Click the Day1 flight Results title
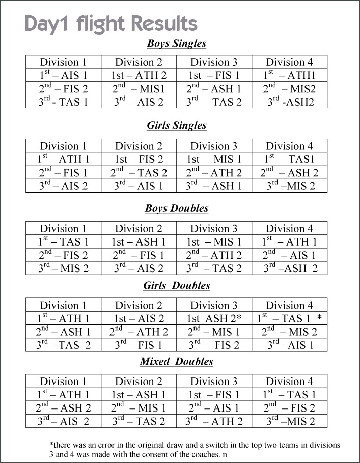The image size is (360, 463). click(110, 24)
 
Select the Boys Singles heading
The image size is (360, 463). click(176, 43)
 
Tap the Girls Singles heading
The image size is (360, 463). click(176, 125)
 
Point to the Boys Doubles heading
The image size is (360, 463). click(176, 208)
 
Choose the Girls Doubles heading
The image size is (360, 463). click(176, 286)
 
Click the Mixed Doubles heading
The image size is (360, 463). click(176, 362)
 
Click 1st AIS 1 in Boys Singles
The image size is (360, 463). click(64, 75)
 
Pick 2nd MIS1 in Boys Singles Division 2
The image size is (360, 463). click(139, 89)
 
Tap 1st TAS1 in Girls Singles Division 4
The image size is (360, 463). click(289, 159)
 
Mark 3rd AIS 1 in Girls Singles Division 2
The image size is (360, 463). click(139, 186)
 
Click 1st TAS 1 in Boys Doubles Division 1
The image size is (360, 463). click(64, 242)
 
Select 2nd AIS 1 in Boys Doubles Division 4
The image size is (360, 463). click(289, 255)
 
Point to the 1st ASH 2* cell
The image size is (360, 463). click(214, 319)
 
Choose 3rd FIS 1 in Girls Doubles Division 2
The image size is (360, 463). click(139, 345)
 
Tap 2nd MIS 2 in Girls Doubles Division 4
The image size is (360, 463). click(289, 332)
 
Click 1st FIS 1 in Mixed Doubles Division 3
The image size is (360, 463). click(214, 395)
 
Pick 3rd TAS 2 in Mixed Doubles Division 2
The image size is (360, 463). click(139, 421)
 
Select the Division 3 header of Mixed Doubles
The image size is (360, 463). click(214, 382)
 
